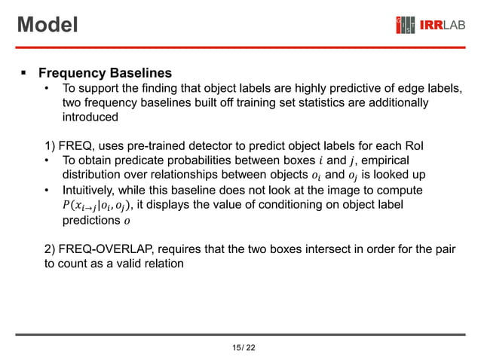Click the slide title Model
click(x=47, y=25)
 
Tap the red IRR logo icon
click(x=405, y=26)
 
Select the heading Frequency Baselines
click(x=105, y=74)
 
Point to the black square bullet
click(x=23, y=74)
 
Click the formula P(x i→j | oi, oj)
click(x=97, y=205)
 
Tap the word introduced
click(x=90, y=117)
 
